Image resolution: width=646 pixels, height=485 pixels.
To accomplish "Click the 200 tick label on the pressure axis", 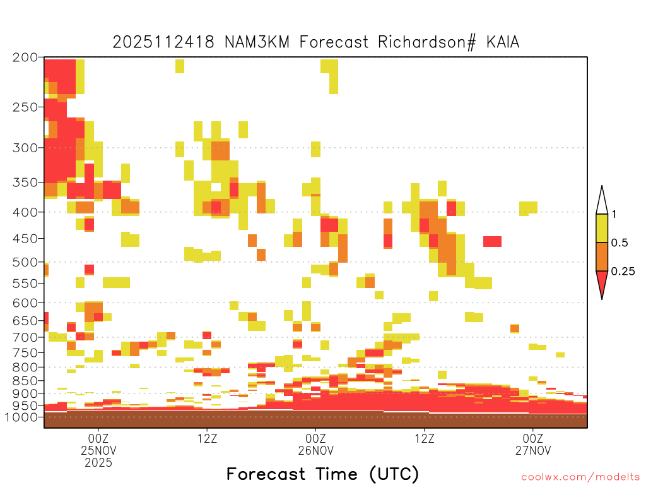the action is tap(25, 57).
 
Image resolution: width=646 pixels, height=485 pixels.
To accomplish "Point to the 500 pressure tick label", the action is tap(25, 262).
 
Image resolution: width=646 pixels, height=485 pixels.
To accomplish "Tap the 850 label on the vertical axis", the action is tap(25, 381).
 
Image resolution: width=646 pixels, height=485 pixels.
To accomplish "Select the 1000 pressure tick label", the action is tap(21, 417).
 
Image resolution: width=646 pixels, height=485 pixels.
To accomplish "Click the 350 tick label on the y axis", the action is tap(25, 183).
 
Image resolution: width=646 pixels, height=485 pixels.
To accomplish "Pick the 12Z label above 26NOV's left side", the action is tap(207, 438).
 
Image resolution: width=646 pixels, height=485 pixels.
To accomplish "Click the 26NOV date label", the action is tap(315, 450).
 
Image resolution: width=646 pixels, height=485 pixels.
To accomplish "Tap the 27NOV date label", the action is tap(533, 450).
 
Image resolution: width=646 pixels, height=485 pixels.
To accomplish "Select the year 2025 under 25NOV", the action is tap(98, 463).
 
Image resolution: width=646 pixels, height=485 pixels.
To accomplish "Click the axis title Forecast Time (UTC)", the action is tap(322, 474).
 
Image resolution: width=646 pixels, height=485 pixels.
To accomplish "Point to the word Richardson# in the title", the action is tap(427, 42).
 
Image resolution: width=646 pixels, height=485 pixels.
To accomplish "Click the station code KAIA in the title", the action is tap(503, 42).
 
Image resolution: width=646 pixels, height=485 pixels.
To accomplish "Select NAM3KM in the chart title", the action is tap(257, 42).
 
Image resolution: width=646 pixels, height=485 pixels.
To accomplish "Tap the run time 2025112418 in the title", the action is tap(163, 42).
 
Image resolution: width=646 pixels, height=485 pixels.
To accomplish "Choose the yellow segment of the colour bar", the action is tap(602, 228).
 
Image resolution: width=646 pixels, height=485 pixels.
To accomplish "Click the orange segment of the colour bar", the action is tap(602, 256).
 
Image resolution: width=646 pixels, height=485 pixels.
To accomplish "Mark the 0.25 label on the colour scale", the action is tap(623, 272).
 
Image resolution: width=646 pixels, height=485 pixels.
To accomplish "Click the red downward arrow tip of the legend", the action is tap(602, 299).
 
